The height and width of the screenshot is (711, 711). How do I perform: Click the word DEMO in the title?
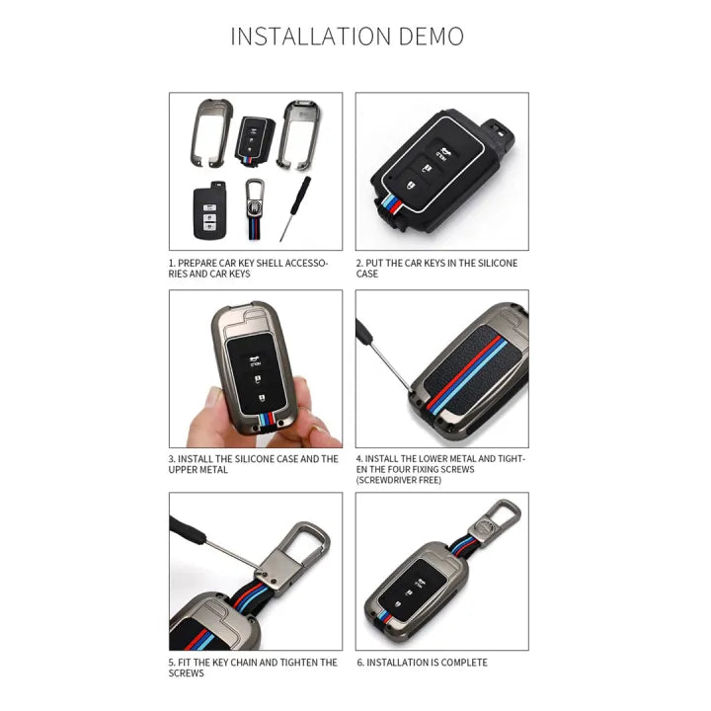pos(432,37)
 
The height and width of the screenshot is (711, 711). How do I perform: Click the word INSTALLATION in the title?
pos(311,37)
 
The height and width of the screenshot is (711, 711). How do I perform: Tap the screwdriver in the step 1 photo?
pos(296,207)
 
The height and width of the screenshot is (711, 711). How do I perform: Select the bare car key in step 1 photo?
pos(209,210)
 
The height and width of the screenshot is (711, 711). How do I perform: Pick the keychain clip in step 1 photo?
pos(256,207)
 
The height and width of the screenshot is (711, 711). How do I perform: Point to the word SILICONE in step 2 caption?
pos(494,263)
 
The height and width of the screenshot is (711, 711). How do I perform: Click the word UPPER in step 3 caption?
pos(183,470)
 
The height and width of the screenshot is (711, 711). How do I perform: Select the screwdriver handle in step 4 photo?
pos(363,331)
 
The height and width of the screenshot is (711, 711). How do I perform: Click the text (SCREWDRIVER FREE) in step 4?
pos(399,480)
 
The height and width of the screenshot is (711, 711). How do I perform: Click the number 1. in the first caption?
pos(172,263)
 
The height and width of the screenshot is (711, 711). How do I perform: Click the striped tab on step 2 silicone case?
pos(392,205)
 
